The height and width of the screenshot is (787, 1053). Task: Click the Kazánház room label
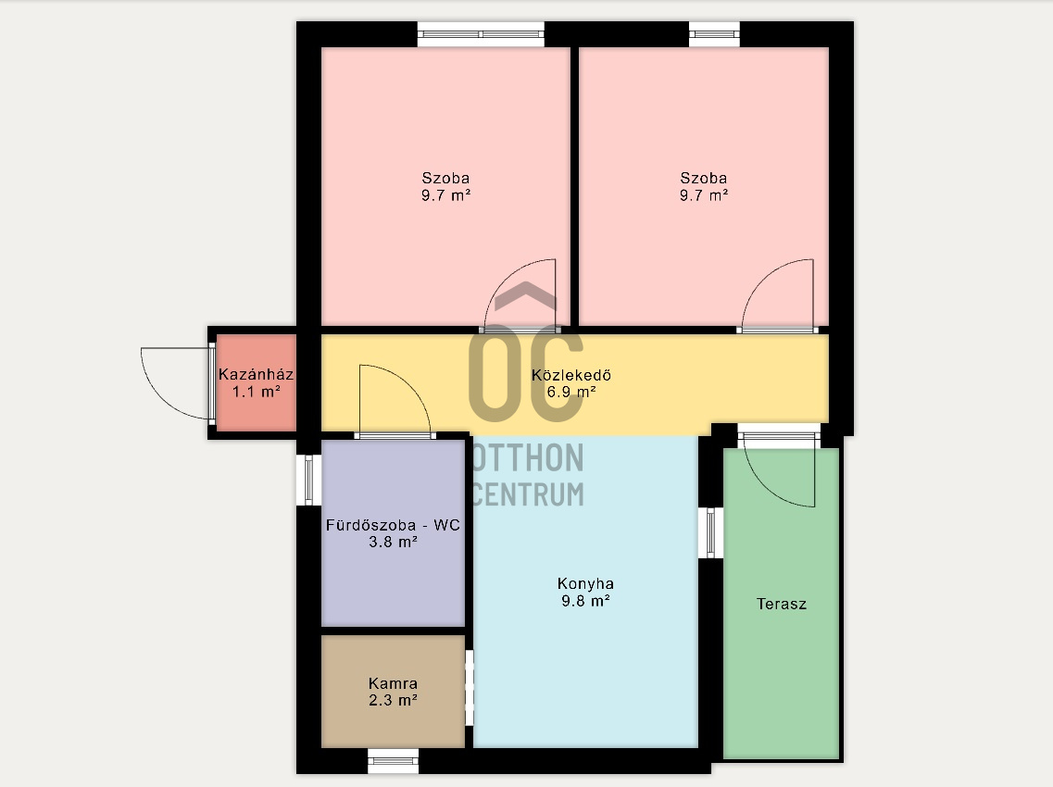(x=256, y=374)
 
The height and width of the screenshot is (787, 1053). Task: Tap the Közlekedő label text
(x=571, y=375)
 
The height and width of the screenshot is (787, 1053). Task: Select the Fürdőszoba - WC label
(x=393, y=524)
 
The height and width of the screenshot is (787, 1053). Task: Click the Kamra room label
(x=393, y=683)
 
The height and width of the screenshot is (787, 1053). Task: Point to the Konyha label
(x=585, y=583)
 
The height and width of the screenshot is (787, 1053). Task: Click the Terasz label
(x=781, y=604)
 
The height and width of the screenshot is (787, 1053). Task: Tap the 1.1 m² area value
(x=256, y=392)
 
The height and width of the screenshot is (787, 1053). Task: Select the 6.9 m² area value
(x=571, y=392)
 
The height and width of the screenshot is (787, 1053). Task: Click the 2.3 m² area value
(x=393, y=700)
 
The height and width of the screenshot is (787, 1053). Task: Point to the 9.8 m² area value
(x=585, y=601)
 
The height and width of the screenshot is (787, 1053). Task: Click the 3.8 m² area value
(x=393, y=542)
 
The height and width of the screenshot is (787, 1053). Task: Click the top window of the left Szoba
(x=481, y=34)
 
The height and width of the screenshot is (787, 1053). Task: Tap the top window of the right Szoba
(x=715, y=34)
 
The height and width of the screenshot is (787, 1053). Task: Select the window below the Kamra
(x=393, y=761)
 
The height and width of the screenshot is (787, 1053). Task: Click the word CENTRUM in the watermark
(x=527, y=494)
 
